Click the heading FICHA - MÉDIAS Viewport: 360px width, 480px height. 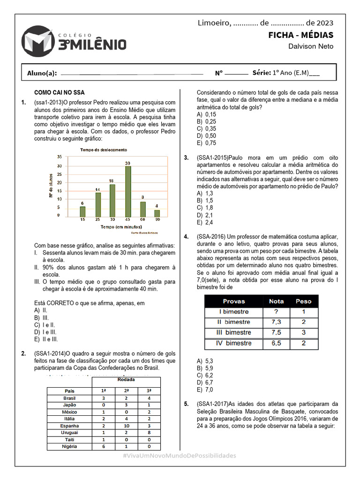tap(300, 35)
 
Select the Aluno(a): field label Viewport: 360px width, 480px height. tap(42, 73)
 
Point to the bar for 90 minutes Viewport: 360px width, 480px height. tap(157, 213)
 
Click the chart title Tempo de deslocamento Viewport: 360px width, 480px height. tap(104, 150)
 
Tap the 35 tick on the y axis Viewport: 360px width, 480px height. tap(59, 157)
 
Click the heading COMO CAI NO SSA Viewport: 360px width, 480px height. tap(60, 93)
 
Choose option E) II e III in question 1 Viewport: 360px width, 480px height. tap(46, 339)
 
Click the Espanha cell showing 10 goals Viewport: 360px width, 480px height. tap(127, 426)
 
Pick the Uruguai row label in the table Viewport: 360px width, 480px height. tap(69, 432)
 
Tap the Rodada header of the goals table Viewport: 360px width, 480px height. tap(126, 380)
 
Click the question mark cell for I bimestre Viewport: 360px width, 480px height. tap(276, 312)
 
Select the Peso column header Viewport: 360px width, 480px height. tap(304, 301)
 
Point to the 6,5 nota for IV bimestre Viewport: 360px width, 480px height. tap(276, 343)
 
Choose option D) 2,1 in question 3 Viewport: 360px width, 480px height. tap(205, 215)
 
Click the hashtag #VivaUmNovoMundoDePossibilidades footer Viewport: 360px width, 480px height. tap(180, 456)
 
